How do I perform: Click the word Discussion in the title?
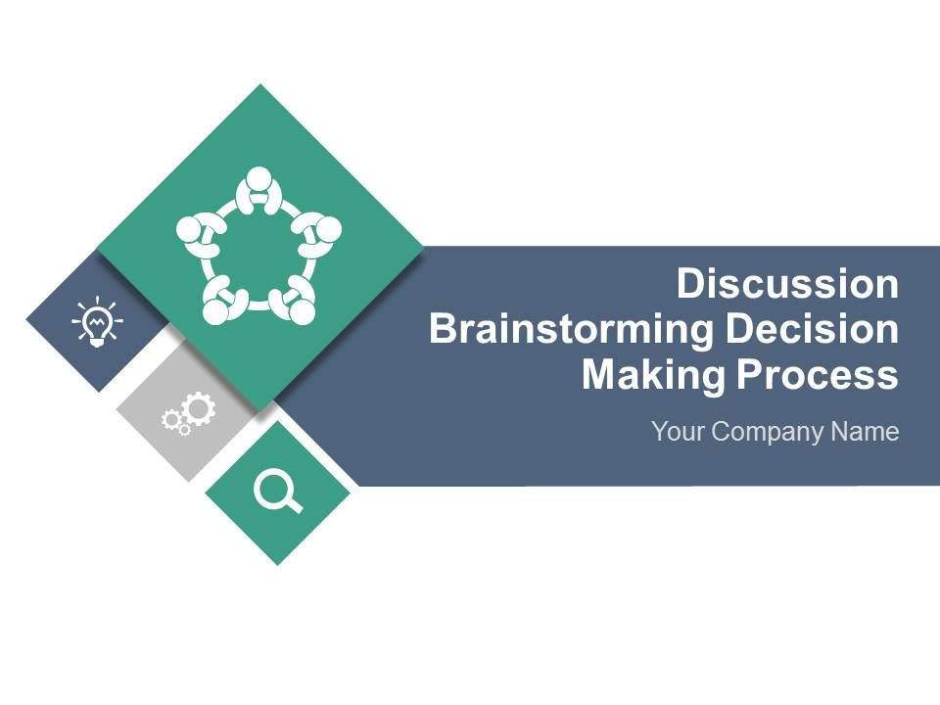pyautogui.click(x=787, y=284)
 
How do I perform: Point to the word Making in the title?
pyautogui.click(x=653, y=376)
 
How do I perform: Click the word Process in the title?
pyautogui.click(x=818, y=375)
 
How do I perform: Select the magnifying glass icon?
pyautogui.click(x=278, y=491)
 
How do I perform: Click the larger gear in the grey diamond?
pyautogui.click(x=199, y=409)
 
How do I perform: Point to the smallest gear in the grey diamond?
pyautogui.click(x=185, y=429)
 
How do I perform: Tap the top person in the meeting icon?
pyautogui.click(x=258, y=191)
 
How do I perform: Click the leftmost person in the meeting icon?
pyautogui.click(x=201, y=236)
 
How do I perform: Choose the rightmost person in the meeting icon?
pyautogui.click(x=316, y=234)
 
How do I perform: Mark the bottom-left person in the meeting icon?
pyautogui.click(x=223, y=301)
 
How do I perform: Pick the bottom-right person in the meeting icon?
pyautogui.click(x=294, y=301)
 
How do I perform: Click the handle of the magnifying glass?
pyautogui.click(x=294, y=505)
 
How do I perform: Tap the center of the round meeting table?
pyautogui.click(x=258, y=253)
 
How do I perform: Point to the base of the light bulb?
pyautogui.click(x=97, y=343)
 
